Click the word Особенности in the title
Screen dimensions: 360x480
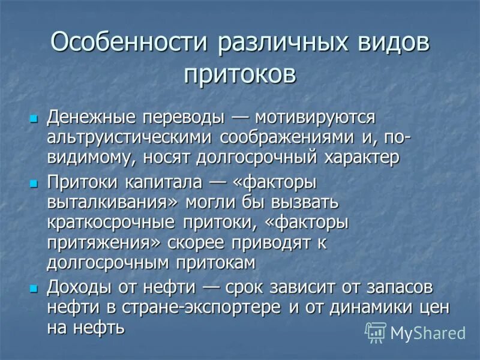128,44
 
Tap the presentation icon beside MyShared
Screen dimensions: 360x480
376,332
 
